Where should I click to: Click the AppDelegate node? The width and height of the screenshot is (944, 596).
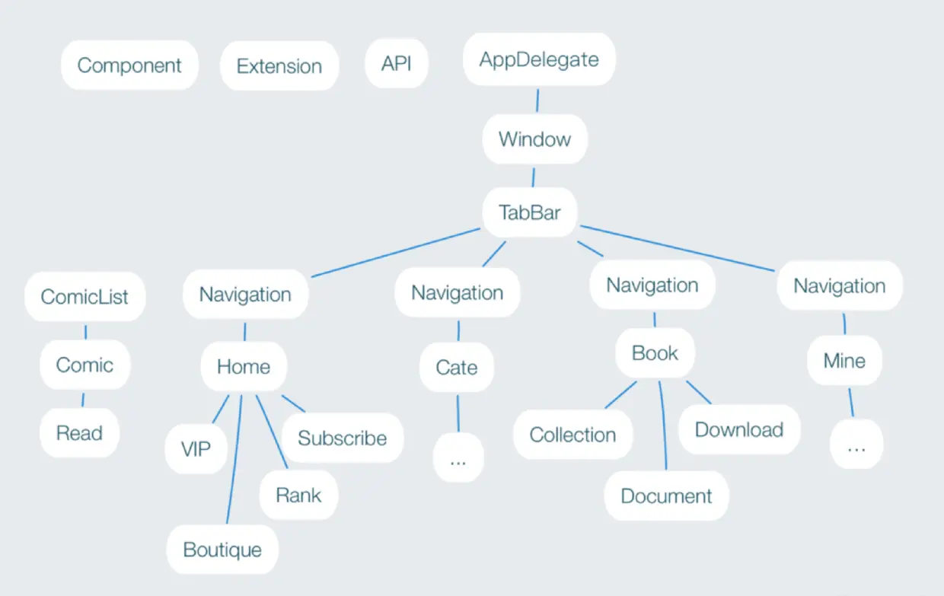pos(539,59)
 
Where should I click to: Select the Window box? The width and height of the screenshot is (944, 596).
pos(534,139)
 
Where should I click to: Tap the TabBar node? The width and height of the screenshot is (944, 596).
pos(529,212)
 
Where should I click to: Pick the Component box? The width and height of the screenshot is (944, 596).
pos(129,65)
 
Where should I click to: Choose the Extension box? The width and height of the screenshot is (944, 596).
pos(279,66)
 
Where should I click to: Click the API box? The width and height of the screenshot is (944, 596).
pos(396,63)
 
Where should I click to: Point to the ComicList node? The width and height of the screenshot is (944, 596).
pos(85,296)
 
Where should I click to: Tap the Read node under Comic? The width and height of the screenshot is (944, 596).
pos(79,433)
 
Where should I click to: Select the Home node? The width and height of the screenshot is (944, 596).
pos(244,367)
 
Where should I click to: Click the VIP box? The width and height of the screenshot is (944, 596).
pos(196,449)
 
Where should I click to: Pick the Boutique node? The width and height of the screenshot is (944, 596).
pos(222,550)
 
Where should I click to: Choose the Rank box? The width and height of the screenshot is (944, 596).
pos(298,495)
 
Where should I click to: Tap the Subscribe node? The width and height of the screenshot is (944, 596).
pos(342,438)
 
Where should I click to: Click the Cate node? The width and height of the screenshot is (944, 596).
pos(457,368)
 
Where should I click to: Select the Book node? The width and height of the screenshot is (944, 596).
pos(655,353)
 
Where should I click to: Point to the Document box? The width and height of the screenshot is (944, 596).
pos(666,496)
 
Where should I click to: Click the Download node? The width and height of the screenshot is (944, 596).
pos(739,430)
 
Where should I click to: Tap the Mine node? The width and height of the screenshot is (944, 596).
pos(844,360)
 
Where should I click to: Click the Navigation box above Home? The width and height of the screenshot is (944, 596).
pos(245,294)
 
